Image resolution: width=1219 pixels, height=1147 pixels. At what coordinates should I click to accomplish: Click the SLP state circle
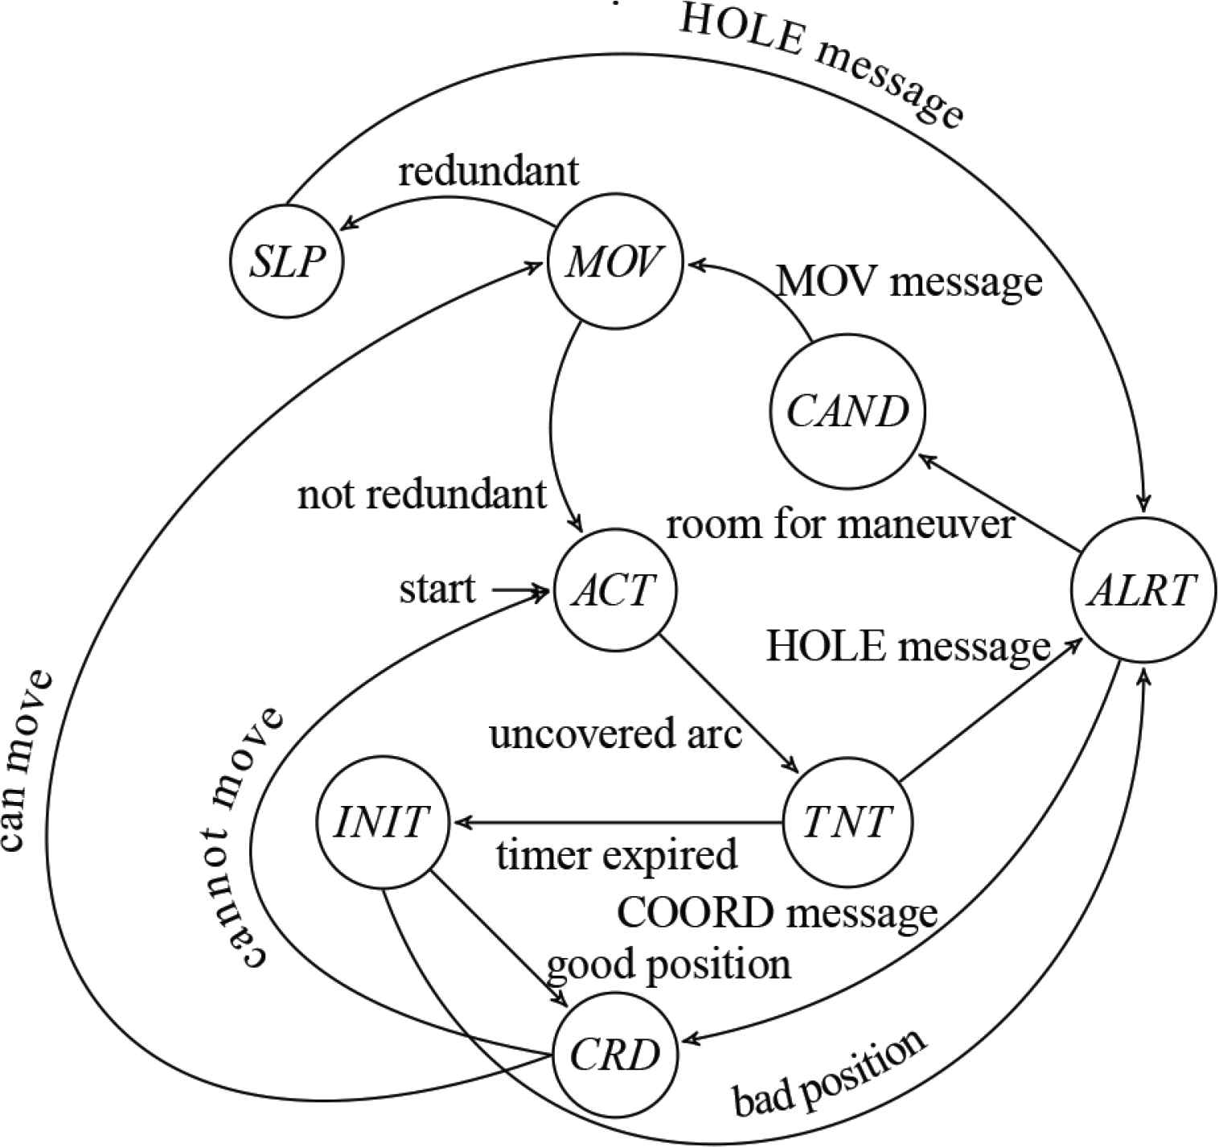point(286,262)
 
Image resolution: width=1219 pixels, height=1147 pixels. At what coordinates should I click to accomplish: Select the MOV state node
point(614,262)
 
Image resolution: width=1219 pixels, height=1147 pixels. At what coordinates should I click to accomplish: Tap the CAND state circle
point(848,412)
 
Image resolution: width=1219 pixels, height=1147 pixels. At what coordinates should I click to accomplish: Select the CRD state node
point(614,1054)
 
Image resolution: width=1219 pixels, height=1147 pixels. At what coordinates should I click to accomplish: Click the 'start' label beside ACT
point(437,590)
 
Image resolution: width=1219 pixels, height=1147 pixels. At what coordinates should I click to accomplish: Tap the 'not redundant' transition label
point(422,495)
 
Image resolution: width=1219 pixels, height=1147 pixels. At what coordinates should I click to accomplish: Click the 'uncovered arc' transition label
point(615,734)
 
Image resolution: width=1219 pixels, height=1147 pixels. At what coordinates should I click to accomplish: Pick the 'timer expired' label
point(617,854)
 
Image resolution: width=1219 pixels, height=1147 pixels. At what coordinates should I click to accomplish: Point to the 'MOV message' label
point(909,282)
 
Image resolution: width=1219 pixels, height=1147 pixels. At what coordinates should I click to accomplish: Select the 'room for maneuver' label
point(839,524)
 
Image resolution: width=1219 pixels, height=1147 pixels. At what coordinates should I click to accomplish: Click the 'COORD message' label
point(777,913)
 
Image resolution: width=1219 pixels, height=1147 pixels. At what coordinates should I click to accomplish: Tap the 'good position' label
point(669,963)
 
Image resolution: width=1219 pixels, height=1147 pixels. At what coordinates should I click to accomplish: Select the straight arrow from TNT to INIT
point(619,823)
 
